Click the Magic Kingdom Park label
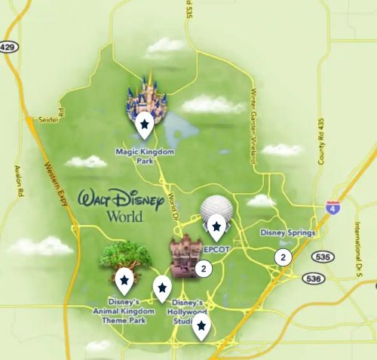145,155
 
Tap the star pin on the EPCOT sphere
217,226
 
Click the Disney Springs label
287,233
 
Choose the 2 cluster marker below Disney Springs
283,257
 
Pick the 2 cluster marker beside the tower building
204,267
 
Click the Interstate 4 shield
332,207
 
